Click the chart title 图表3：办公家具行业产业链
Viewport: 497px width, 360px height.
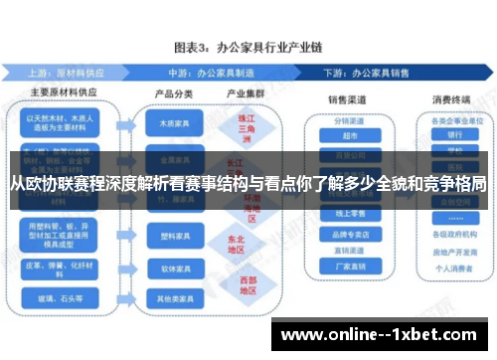[x=248, y=47]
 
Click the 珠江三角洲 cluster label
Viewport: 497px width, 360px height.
[x=235, y=128]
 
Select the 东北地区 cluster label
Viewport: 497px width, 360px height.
[x=235, y=243]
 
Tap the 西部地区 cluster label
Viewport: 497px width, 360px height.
[x=235, y=284]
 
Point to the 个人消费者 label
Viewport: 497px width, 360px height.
[x=454, y=267]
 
